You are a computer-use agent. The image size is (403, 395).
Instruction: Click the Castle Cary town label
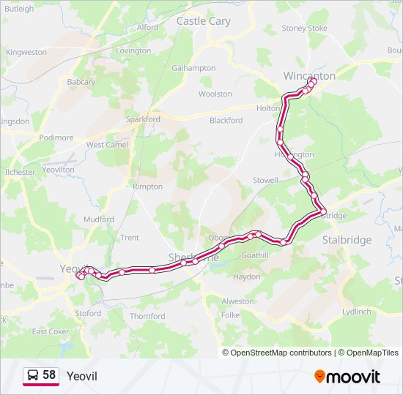click(204, 21)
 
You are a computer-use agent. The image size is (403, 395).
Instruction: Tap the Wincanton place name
click(309, 75)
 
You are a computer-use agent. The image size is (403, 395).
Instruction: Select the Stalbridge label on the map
click(347, 240)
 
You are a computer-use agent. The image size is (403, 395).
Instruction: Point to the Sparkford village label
click(143, 119)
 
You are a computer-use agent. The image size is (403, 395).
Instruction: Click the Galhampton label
click(193, 68)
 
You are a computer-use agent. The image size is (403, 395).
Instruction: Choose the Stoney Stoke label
click(305, 29)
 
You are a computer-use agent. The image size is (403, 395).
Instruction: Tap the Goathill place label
click(255, 255)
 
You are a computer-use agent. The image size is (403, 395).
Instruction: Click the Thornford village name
click(147, 317)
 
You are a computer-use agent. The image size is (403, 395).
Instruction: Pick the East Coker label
click(50, 331)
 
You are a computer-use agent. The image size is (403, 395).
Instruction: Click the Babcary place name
click(81, 82)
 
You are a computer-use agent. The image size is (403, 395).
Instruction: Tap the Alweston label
click(237, 301)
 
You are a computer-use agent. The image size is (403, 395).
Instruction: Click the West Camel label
click(107, 145)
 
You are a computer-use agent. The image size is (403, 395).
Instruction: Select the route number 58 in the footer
click(49, 375)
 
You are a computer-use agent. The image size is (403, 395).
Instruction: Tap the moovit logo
click(347, 377)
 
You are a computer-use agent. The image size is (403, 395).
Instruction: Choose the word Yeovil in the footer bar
click(81, 376)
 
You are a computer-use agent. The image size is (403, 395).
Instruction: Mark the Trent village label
click(130, 238)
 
